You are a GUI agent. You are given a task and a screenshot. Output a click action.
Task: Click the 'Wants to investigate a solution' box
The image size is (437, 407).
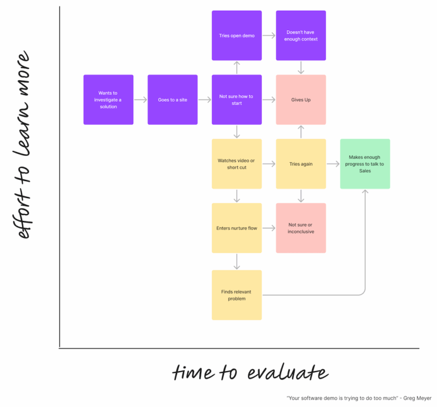[x=108, y=100]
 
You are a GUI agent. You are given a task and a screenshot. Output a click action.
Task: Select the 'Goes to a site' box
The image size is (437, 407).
[x=172, y=100]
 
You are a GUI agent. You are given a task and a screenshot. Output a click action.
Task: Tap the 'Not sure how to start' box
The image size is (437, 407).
[x=237, y=100]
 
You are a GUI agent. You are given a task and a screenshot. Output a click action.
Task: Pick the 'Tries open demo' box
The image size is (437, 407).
[x=237, y=35]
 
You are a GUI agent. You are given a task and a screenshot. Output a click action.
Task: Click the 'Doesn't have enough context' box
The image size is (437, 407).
[x=301, y=35]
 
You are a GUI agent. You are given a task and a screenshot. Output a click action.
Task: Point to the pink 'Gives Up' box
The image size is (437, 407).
[x=301, y=100]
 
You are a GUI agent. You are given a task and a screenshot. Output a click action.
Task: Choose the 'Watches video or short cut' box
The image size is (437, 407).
[x=237, y=164]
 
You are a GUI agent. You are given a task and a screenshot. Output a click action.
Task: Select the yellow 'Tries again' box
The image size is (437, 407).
[x=301, y=164]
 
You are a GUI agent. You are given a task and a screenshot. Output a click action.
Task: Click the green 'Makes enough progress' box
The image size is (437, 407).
[x=365, y=164]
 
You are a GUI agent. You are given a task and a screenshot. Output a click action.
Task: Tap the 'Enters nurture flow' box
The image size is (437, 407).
[x=237, y=228]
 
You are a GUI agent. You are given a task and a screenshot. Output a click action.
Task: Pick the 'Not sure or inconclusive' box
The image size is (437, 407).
[x=301, y=228]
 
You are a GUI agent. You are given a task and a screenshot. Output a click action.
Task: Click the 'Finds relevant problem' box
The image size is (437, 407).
[x=237, y=295]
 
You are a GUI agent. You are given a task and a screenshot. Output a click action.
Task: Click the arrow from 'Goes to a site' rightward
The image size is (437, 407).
[x=205, y=100]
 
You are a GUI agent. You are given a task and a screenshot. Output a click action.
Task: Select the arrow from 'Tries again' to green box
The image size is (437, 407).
[x=333, y=164]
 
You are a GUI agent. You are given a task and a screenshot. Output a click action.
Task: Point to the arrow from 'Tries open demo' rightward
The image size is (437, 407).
[x=269, y=35]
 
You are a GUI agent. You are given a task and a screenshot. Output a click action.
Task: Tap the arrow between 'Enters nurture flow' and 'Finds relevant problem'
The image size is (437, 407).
[x=237, y=261]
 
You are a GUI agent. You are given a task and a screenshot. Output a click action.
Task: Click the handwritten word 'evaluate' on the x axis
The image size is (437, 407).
[x=288, y=373]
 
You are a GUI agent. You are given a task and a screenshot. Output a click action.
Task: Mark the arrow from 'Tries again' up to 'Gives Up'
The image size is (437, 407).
[x=301, y=132]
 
